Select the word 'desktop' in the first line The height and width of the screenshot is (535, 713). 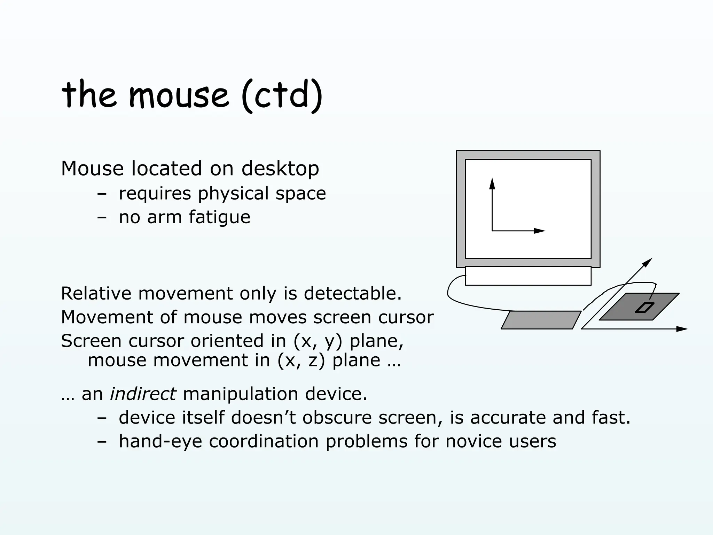pyautogui.click(x=280, y=169)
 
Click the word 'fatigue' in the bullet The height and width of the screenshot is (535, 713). pyautogui.click(x=219, y=217)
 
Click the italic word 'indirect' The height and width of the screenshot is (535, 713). pyautogui.click(x=143, y=394)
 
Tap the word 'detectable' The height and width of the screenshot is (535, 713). pyautogui.click(x=352, y=293)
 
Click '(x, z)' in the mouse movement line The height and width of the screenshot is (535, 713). pyautogui.click(x=301, y=360)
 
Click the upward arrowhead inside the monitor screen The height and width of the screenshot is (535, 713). pyautogui.click(x=492, y=183)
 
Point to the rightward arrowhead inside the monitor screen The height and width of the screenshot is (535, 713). pyautogui.click(x=539, y=231)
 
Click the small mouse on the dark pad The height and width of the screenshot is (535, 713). pyautogui.click(x=644, y=308)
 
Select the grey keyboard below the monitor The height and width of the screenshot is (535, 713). pyautogui.click(x=541, y=320)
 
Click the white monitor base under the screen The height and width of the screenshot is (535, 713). pyautogui.click(x=528, y=276)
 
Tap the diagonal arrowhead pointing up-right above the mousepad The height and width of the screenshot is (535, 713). pyautogui.click(x=647, y=263)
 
